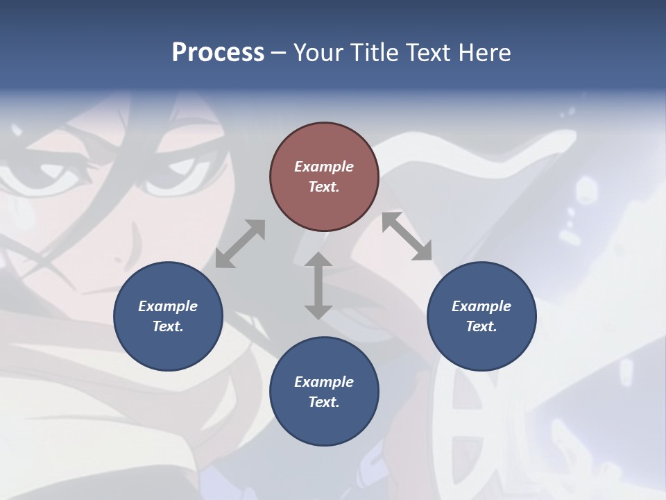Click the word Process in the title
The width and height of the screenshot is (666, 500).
218,53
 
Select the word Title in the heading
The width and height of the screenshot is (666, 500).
372,53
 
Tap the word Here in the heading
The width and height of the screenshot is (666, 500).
485,53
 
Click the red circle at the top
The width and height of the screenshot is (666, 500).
324,176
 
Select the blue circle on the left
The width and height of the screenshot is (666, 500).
168,316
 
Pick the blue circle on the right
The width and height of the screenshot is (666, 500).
481,316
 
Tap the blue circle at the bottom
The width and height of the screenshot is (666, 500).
324,392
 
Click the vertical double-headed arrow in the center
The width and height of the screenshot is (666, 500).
318,285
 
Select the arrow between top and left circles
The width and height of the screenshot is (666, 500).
240,244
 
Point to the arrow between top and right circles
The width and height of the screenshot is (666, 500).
407,236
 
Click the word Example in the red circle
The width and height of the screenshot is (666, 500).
324,167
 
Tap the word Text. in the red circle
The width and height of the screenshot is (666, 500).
324,187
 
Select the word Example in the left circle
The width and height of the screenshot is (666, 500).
168,306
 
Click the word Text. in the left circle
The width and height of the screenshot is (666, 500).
168,326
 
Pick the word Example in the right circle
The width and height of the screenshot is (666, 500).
481,306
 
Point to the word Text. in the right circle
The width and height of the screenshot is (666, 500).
481,326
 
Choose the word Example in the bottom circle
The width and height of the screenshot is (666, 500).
324,382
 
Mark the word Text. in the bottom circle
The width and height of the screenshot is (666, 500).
324,402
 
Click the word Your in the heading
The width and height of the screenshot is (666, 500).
317,53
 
